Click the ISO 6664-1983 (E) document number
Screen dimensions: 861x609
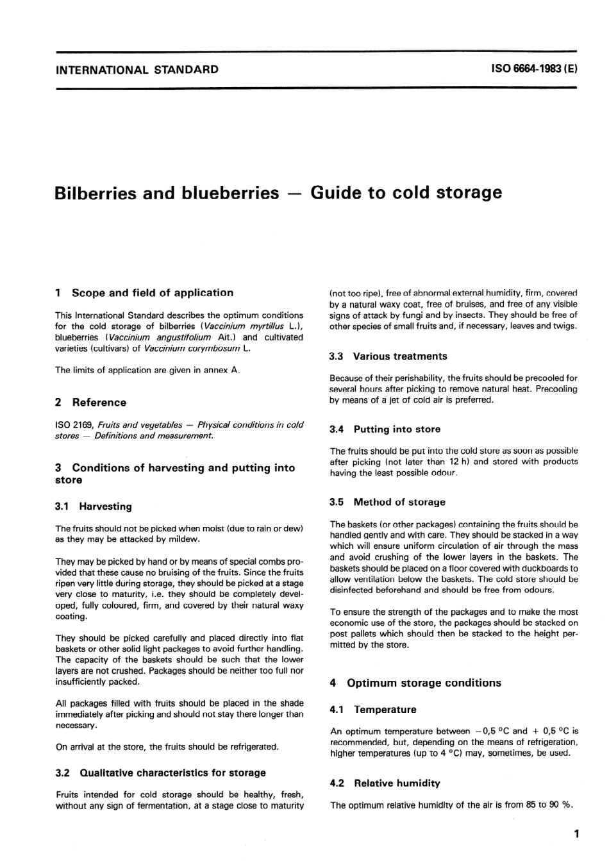(534, 69)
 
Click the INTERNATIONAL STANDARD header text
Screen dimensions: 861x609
(137, 69)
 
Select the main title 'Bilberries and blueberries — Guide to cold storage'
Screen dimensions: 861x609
(279, 192)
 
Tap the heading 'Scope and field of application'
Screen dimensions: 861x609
(153, 293)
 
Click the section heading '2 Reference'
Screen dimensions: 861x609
(91, 403)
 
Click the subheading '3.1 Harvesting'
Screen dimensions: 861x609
(94, 506)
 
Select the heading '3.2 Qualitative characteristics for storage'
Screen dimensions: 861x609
(161, 773)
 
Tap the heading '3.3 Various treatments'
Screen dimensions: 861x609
(388, 356)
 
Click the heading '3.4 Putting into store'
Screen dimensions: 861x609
(385, 430)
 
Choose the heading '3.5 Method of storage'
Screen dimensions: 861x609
(388, 503)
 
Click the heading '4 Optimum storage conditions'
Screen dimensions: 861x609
(415, 683)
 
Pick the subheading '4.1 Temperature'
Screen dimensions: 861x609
(373, 710)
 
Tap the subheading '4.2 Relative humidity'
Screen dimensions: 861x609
(385, 783)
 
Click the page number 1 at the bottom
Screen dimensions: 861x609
(577, 834)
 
